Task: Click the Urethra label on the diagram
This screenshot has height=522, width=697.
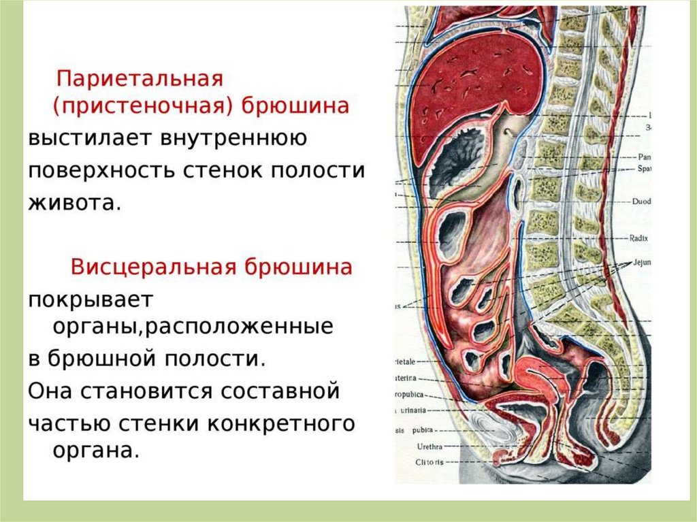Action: coord(429,446)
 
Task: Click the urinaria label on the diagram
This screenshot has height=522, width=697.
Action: coord(412,410)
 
